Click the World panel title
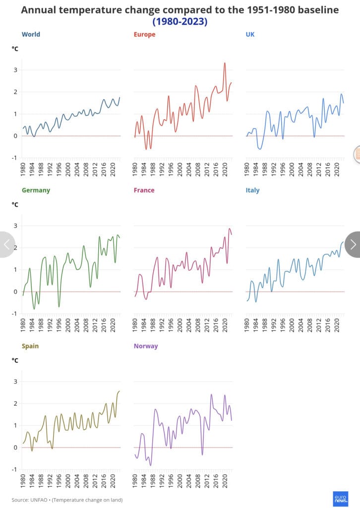(x=31, y=34)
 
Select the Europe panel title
(x=144, y=34)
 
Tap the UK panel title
(x=250, y=34)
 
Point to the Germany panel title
(x=36, y=190)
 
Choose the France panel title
(x=144, y=190)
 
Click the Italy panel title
(x=252, y=190)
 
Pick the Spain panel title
(x=30, y=346)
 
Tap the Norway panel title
(x=146, y=346)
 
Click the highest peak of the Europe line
(x=225, y=63)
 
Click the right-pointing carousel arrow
(x=353, y=244)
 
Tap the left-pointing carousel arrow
(x=6, y=244)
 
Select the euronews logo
(x=341, y=499)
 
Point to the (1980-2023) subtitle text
(x=180, y=21)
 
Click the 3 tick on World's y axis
(x=15, y=70)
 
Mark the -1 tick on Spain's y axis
(x=14, y=469)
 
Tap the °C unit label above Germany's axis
(x=15, y=204)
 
